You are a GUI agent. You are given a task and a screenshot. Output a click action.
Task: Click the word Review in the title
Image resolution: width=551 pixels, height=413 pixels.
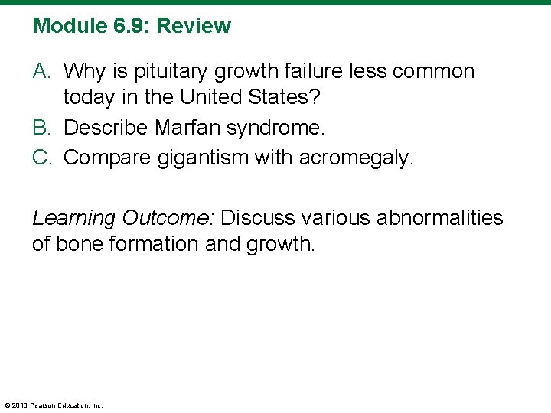(194, 26)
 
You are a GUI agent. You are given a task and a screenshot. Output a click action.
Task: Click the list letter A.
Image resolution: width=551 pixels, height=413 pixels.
(41, 72)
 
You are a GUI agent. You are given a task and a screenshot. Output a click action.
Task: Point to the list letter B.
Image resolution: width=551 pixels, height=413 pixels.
(41, 127)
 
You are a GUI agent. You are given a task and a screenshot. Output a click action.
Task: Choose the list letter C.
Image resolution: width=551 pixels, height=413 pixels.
(41, 158)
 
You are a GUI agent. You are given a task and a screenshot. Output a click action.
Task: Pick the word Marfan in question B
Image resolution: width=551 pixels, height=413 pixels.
(184, 127)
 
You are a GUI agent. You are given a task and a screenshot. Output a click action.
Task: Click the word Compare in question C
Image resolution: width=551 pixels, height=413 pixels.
(106, 158)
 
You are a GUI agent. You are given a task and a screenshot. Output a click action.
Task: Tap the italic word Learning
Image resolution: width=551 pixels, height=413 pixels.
(73, 219)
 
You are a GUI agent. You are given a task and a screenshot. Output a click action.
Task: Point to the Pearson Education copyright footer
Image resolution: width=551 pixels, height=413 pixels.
(54, 405)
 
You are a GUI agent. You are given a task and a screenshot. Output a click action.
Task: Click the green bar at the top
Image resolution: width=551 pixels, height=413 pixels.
(275, 2)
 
